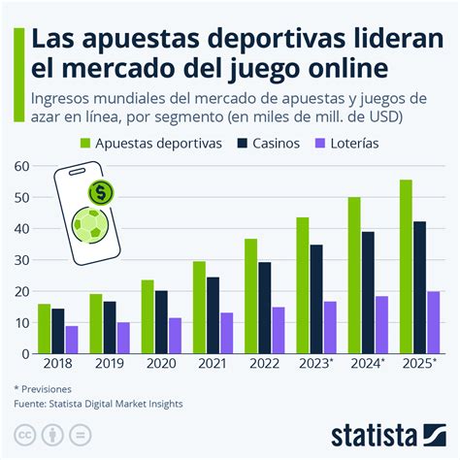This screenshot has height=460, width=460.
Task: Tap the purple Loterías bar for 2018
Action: click(72, 340)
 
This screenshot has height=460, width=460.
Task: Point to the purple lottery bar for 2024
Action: click(380, 325)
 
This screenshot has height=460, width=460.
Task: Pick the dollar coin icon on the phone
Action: click(98, 192)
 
